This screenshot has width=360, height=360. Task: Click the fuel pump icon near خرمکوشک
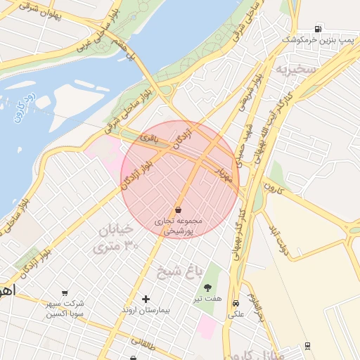[x=319, y=30]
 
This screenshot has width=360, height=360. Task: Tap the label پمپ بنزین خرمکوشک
[x=316, y=41]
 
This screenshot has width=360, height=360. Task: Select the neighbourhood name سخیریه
[x=291, y=70]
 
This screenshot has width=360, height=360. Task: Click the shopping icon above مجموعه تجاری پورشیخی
[x=179, y=210]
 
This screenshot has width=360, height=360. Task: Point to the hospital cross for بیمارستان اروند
[x=146, y=299]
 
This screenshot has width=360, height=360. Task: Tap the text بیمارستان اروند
[x=147, y=310]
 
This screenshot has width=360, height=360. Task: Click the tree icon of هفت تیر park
[x=208, y=287]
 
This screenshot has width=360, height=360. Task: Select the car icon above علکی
[x=235, y=303]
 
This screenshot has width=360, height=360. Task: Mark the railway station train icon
[x=308, y=346]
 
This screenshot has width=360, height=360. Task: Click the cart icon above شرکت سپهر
[x=65, y=292]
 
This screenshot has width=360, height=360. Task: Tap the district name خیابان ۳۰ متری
[x=116, y=238]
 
